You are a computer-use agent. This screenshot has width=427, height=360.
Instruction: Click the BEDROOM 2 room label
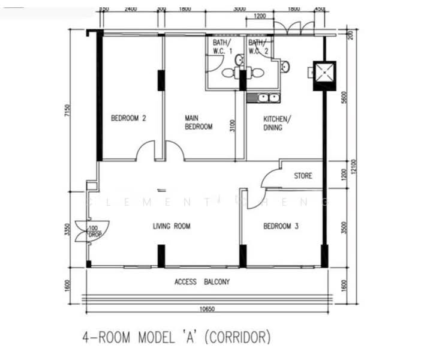[128, 118]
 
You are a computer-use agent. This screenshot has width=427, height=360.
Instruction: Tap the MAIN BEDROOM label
[199, 122]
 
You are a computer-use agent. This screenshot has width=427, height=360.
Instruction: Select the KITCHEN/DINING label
[276, 122]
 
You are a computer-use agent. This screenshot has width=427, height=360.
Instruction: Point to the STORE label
[303, 176]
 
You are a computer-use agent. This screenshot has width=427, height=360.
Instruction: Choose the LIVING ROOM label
[172, 226]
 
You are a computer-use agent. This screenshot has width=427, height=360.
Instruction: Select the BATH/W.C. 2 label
[258, 47]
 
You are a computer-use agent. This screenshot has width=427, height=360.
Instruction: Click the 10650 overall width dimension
[206, 309]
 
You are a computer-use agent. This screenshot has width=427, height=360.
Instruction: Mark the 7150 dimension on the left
[68, 112]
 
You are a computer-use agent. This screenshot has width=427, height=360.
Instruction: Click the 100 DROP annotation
[94, 232]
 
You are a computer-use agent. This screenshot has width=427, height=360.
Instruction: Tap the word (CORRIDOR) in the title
[238, 337]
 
